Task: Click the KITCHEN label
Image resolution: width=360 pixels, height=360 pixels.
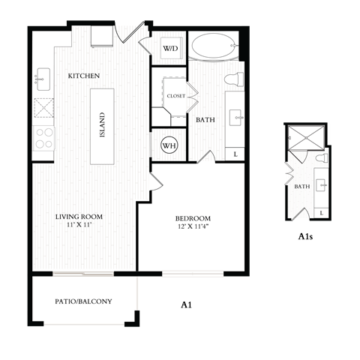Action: pyautogui.click(x=84, y=76)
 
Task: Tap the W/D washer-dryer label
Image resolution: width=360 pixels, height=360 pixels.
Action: pyautogui.click(x=170, y=49)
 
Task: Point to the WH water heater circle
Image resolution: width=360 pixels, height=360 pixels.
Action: pyautogui.click(x=169, y=145)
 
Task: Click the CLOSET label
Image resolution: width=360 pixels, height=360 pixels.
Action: pyautogui.click(x=175, y=95)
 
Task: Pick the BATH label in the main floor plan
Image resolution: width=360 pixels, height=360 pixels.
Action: pyautogui.click(x=206, y=120)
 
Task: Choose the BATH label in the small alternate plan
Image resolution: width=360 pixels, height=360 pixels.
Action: pyautogui.click(x=301, y=187)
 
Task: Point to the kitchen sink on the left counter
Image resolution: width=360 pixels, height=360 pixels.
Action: pyautogui.click(x=42, y=76)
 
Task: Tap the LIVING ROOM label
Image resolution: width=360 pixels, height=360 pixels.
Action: pyautogui.click(x=79, y=217)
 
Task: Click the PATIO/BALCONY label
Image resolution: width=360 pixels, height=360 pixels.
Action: pyautogui.click(x=83, y=301)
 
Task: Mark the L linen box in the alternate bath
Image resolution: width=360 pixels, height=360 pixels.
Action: pyautogui.click(x=321, y=213)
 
